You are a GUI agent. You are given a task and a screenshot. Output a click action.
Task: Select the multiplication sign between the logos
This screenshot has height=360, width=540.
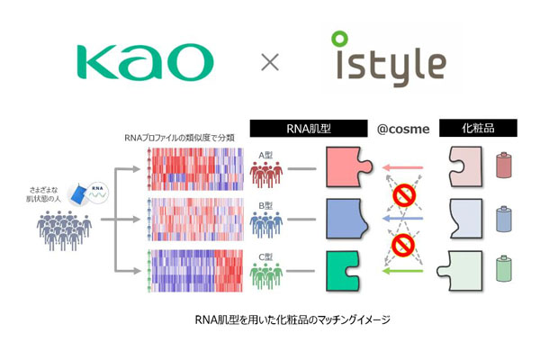(269, 63)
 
